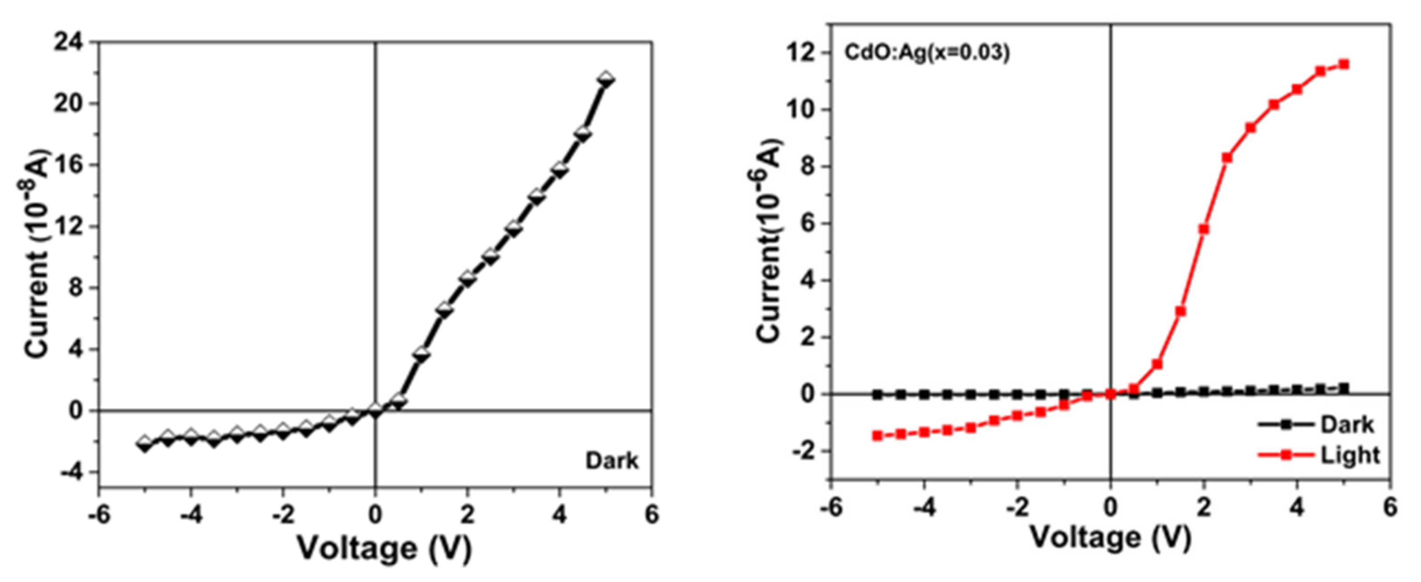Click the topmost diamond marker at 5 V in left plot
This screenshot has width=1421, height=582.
click(606, 79)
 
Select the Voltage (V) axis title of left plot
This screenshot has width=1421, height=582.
click(384, 548)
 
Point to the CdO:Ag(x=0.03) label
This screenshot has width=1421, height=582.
click(927, 53)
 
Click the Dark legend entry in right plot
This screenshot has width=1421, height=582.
click(1346, 425)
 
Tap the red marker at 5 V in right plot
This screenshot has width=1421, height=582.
click(1344, 64)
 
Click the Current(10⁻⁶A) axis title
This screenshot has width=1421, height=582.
click(769, 241)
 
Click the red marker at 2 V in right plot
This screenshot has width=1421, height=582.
click(1204, 229)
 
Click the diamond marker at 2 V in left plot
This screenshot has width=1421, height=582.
click(468, 279)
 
